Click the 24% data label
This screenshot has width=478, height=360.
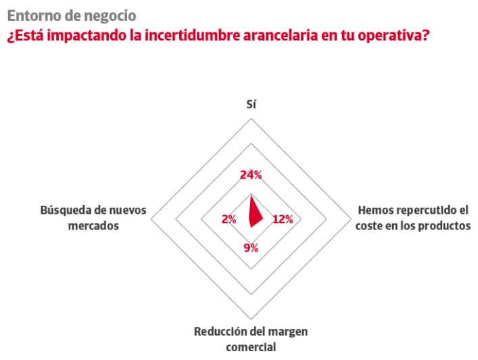(251, 175)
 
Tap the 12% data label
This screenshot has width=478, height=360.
(282, 219)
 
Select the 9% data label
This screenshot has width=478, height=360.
(251, 248)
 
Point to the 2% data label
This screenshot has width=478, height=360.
(229, 219)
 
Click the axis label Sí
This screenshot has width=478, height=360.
(251, 104)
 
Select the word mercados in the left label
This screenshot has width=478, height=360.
(93, 225)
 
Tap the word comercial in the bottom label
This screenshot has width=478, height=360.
(251, 347)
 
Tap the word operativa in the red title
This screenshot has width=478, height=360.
(395, 35)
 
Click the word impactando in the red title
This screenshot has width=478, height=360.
(79, 35)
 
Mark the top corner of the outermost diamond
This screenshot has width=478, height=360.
(251, 119)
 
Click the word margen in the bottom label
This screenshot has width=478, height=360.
(289, 332)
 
